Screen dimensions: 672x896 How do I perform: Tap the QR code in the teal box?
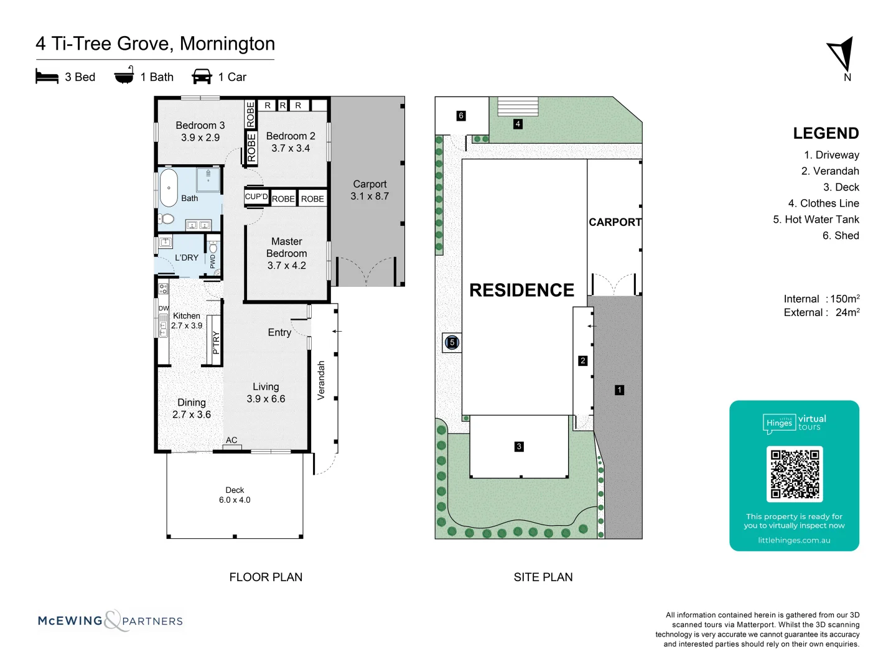pyautogui.click(x=795, y=474)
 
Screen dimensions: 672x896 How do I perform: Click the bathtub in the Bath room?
pyautogui.click(x=169, y=187)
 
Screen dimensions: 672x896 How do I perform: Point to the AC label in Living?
pyautogui.click(x=231, y=440)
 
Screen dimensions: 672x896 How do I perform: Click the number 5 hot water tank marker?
pyautogui.click(x=452, y=342)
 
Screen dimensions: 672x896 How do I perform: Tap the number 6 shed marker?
pyautogui.click(x=461, y=116)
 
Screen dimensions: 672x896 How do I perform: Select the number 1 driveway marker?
pyautogui.click(x=619, y=390)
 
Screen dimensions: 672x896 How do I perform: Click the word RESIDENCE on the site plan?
pyautogui.click(x=521, y=291)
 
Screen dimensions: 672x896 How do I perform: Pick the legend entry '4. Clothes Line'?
pyautogui.click(x=823, y=203)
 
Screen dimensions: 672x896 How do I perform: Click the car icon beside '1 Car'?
pyautogui.click(x=202, y=77)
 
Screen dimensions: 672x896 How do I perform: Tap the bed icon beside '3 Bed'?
pyautogui.click(x=47, y=77)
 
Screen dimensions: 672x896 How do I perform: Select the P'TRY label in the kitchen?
pyautogui.click(x=216, y=342)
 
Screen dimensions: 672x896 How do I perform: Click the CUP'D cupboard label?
pyautogui.click(x=256, y=197)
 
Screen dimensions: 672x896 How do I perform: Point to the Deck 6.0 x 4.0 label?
pyautogui.click(x=235, y=495)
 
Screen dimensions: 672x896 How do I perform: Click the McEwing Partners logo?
pyautogui.click(x=111, y=620)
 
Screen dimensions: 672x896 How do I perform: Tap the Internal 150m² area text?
pyautogui.click(x=821, y=299)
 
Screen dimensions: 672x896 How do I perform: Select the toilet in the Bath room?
pyautogui.click(x=166, y=219)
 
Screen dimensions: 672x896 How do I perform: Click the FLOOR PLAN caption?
pyautogui.click(x=266, y=577)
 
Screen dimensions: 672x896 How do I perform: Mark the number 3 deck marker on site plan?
pyautogui.click(x=519, y=446)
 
